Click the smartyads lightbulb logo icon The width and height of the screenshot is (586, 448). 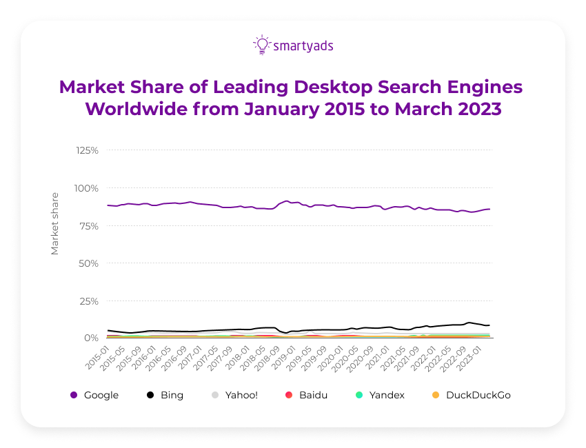coord(261,45)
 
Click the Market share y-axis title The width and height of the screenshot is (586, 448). coord(55,225)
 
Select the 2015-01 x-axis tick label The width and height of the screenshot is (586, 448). coord(98,358)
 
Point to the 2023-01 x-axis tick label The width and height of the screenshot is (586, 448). coord(478,358)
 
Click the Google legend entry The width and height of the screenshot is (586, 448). coord(94,395)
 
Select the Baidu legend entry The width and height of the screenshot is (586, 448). coord(307,395)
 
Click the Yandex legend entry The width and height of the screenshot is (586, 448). coord(380,395)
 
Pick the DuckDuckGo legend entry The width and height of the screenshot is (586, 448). coord(471,395)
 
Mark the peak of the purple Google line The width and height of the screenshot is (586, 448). coord(287,201)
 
